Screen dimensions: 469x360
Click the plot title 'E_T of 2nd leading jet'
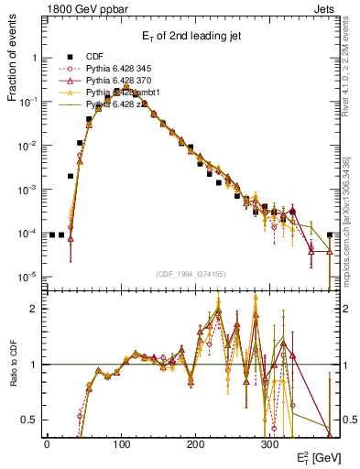(190, 36)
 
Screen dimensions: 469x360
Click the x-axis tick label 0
(47, 442)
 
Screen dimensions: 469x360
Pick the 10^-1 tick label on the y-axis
(27, 102)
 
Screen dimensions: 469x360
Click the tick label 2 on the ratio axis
(34, 309)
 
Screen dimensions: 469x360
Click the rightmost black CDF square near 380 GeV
(330, 234)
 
